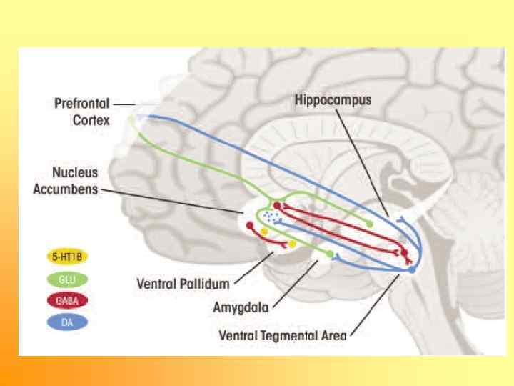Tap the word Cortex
tap(91, 120)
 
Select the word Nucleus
tap(74, 174)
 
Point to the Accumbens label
tap(65, 189)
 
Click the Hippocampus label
tap(333, 100)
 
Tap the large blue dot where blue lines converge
tap(411, 270)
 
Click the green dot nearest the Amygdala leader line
tap(329, 254)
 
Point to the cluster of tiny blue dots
tap(270, 215)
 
